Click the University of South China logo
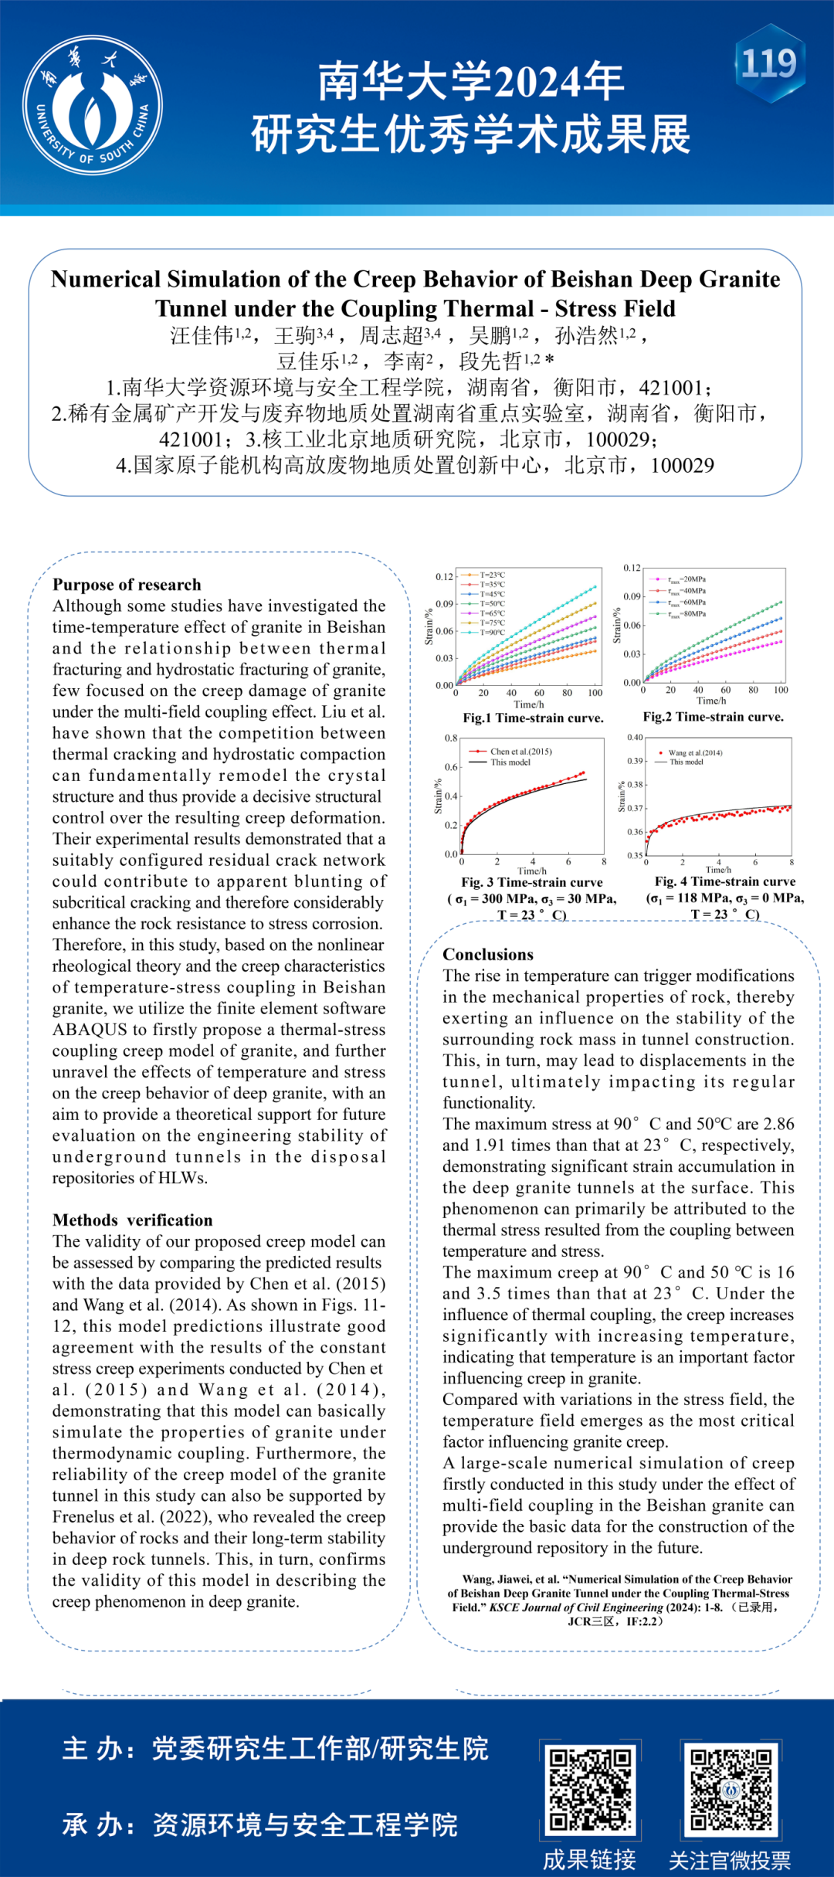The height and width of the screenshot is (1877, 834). pos(93,105)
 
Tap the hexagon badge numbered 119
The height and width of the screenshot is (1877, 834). pos(769,63)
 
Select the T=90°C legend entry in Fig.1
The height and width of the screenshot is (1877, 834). pos(492,632)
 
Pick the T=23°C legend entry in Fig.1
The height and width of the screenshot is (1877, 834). pos(492,575)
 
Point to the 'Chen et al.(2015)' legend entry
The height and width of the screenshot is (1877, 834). pos(520,751)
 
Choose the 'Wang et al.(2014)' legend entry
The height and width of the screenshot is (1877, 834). pos(694,752)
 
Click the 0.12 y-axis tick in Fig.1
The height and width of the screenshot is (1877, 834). pos(444,576)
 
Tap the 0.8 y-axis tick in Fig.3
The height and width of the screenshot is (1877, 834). pos(451,738)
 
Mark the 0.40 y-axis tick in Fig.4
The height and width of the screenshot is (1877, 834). pos(634,737)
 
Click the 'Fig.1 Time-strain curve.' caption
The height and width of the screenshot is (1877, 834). pos(533,718)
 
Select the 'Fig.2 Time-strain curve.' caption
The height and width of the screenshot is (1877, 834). pos(713,717)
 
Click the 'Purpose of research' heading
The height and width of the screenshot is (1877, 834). pos(127,585)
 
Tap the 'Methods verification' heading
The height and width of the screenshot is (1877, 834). pos(132,1220)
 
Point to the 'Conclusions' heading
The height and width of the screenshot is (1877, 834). pos(488,955)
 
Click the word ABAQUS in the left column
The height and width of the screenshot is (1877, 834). pos(90,1030)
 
